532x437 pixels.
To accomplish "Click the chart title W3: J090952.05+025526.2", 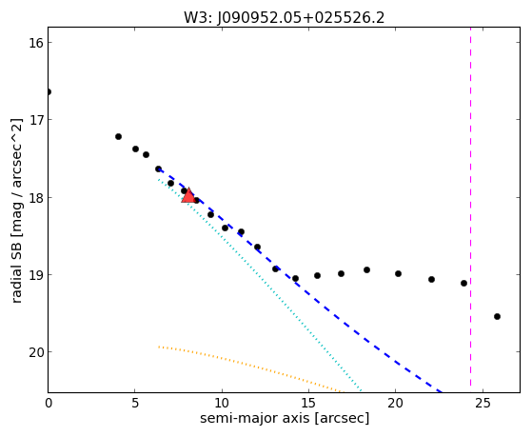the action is click(x=284, y=18).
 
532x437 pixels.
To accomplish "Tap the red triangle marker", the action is click(x=188, y=195).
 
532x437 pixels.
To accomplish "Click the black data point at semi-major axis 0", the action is click(x=49, y=91).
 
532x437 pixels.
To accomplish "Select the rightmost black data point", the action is click(x=497, y=316).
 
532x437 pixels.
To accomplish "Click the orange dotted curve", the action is click(x=251, y=368).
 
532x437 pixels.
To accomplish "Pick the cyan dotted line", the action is click(x=260, y=286).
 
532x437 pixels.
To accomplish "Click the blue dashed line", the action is click(x=300, y=281).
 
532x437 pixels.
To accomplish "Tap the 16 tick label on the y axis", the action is click(x=35, y=43).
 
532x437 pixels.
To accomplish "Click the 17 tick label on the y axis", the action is click(x=35, y=120).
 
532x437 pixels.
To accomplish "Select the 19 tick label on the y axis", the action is click(x=35, y=275).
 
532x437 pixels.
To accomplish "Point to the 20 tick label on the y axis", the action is click(x=35, y=352).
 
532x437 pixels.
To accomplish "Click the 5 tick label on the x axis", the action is click(x=135, y=404).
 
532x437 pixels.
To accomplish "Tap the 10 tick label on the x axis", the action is click(x=222, y=404).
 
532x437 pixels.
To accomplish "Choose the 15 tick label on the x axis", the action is click(x=308, y=404).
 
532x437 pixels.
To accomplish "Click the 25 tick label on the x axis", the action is click(x=483, y=404).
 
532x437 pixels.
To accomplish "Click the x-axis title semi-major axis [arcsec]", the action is click(x=285, y=418).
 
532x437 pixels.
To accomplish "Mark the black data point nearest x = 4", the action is click(x=118, y=136).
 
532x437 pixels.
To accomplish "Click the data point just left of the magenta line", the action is click(x=463, y=283).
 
